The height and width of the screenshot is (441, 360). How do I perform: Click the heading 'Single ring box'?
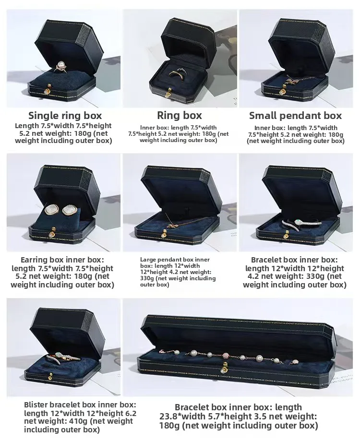(x=65, y=115)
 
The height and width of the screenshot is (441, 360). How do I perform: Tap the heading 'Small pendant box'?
(x=295, y=115)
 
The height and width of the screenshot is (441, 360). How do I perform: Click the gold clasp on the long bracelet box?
(x=223, y=369)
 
